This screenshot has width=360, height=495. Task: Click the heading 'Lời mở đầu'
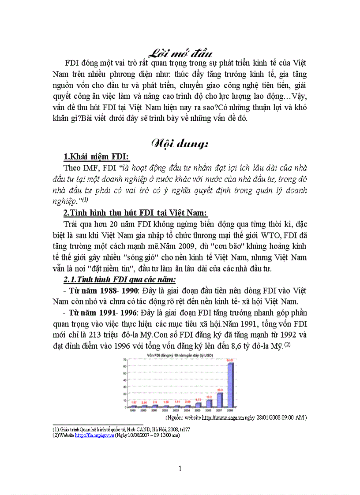[180, 53]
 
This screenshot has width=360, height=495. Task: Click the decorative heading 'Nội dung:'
[180, 144]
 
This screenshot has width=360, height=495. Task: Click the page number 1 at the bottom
[180, 469]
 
